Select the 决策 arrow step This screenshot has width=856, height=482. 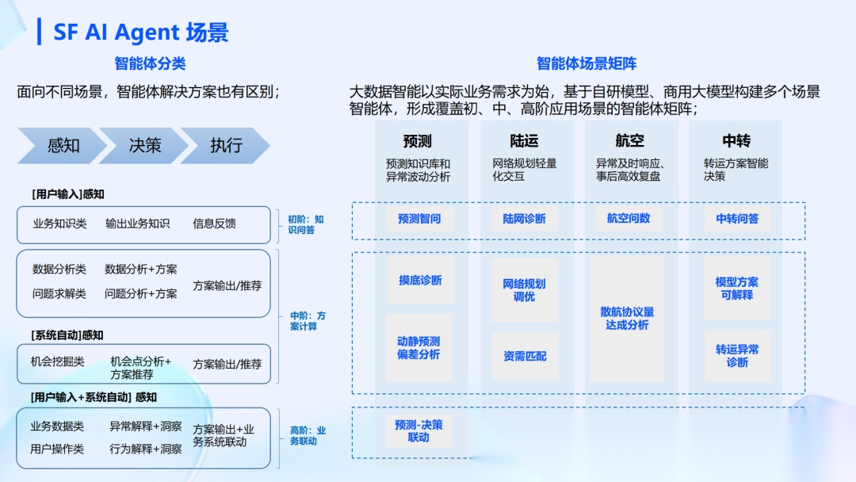tap(145, 146)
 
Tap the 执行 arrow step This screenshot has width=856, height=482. tap(226, 146)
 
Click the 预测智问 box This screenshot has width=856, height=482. tap(419, 219)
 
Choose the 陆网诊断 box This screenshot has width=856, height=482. tap(524, 219)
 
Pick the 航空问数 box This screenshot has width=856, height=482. tap(629, 219)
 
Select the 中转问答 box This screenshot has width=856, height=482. tap(737, 219)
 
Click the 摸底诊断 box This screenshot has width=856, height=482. tap(420, 281)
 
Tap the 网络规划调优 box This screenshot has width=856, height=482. tap(524, 290)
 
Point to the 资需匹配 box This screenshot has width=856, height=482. tap(524, 356)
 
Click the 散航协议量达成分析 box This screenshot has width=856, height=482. tap(629, 319)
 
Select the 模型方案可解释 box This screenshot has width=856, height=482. tap(737, 288)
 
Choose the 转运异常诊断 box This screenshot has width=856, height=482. tap(737, 355)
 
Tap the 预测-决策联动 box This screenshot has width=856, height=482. tap(418, 431)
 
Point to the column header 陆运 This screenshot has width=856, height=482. tap(524, 141)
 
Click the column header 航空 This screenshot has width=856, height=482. tap(629, 141)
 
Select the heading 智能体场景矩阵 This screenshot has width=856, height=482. tap(587, 63)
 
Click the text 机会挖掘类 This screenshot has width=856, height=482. tap(58, 361)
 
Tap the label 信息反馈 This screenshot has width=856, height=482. tap(214, 224)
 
